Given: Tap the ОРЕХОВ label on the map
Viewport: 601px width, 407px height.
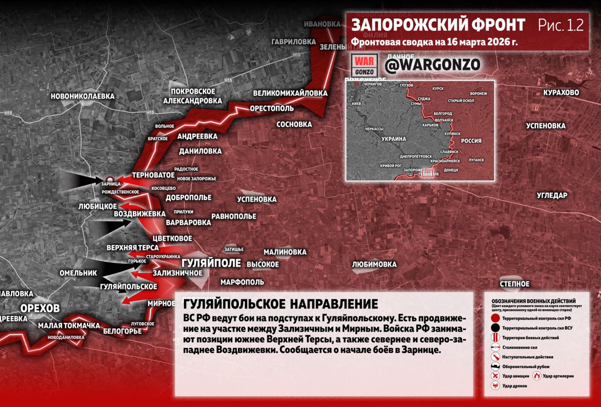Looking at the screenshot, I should [40, 308].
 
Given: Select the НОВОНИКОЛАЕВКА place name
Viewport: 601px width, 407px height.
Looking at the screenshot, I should [83, 96].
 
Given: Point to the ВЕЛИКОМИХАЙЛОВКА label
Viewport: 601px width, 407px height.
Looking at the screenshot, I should [290, 93].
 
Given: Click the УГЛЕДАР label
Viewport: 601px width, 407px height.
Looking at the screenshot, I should [552, 195].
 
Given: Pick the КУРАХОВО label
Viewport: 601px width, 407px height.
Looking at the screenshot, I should [561, 92].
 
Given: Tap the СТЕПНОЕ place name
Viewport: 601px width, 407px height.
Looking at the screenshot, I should [515, 284].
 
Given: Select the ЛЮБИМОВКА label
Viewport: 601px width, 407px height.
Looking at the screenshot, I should [374, 264].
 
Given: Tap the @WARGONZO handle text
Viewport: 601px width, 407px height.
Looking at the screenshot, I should [432, 65].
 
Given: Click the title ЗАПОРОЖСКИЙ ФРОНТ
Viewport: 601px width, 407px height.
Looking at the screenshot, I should [438, 25].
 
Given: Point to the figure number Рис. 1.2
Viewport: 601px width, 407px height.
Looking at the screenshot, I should [561, 25].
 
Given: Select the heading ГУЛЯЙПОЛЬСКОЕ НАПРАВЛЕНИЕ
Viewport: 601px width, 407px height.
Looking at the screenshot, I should [280, 303].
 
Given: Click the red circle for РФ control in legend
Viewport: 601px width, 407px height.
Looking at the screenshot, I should [496, 318].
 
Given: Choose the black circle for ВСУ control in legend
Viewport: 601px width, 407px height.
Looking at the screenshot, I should [496, 328].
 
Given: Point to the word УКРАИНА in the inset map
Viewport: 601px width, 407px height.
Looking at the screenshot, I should [393, 139].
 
